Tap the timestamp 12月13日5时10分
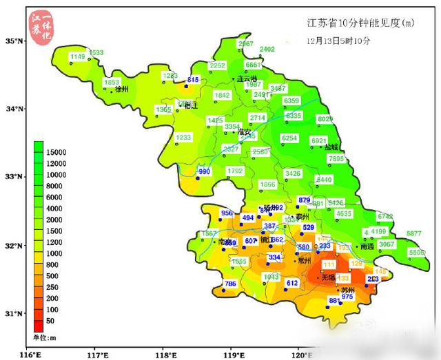339,41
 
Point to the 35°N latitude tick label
14,41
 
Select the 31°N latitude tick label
14,314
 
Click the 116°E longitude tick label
31,354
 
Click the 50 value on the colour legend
50,321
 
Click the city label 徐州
122,89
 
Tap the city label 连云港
247,79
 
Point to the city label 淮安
244,132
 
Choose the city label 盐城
331,147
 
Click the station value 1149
78,56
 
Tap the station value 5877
413,234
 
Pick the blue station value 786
230,284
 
